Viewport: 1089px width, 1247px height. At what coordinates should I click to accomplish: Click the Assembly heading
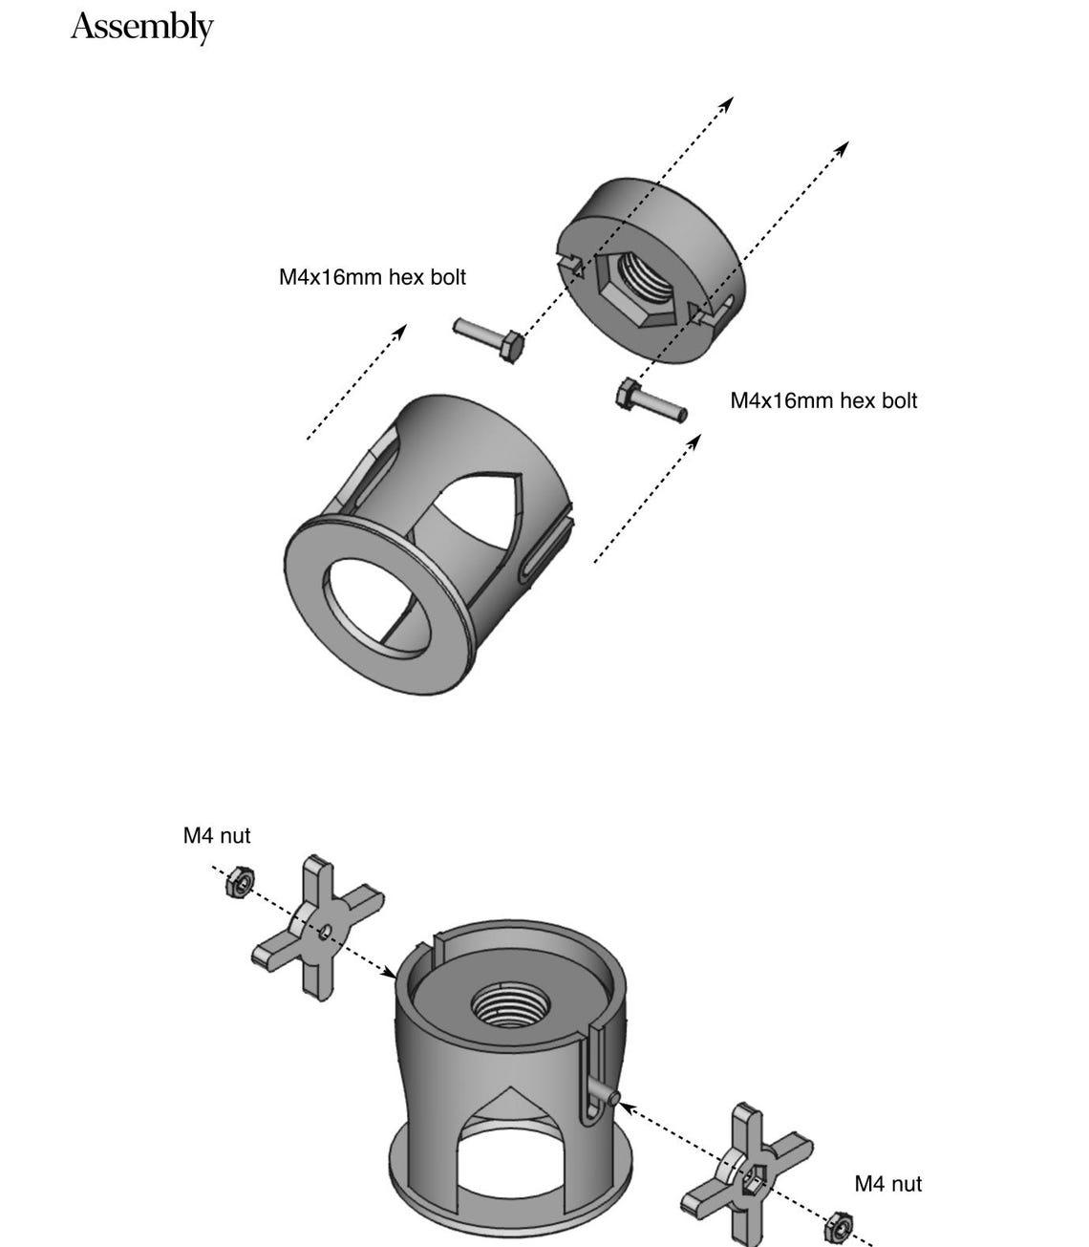[x=141, y=26]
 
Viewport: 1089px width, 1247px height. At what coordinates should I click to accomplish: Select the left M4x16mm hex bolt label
[x=373, y=277]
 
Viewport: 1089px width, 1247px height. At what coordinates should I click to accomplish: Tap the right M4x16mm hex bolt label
[x=822, y=400]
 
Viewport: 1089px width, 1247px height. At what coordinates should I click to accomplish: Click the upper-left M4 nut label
[x=217, y=835]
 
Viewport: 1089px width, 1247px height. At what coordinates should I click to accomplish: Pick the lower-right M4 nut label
[x=887, y=1184]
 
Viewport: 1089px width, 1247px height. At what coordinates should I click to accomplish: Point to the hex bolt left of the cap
[x=488, y=338]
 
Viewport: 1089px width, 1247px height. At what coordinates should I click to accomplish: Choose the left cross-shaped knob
[x=316, y=928]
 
